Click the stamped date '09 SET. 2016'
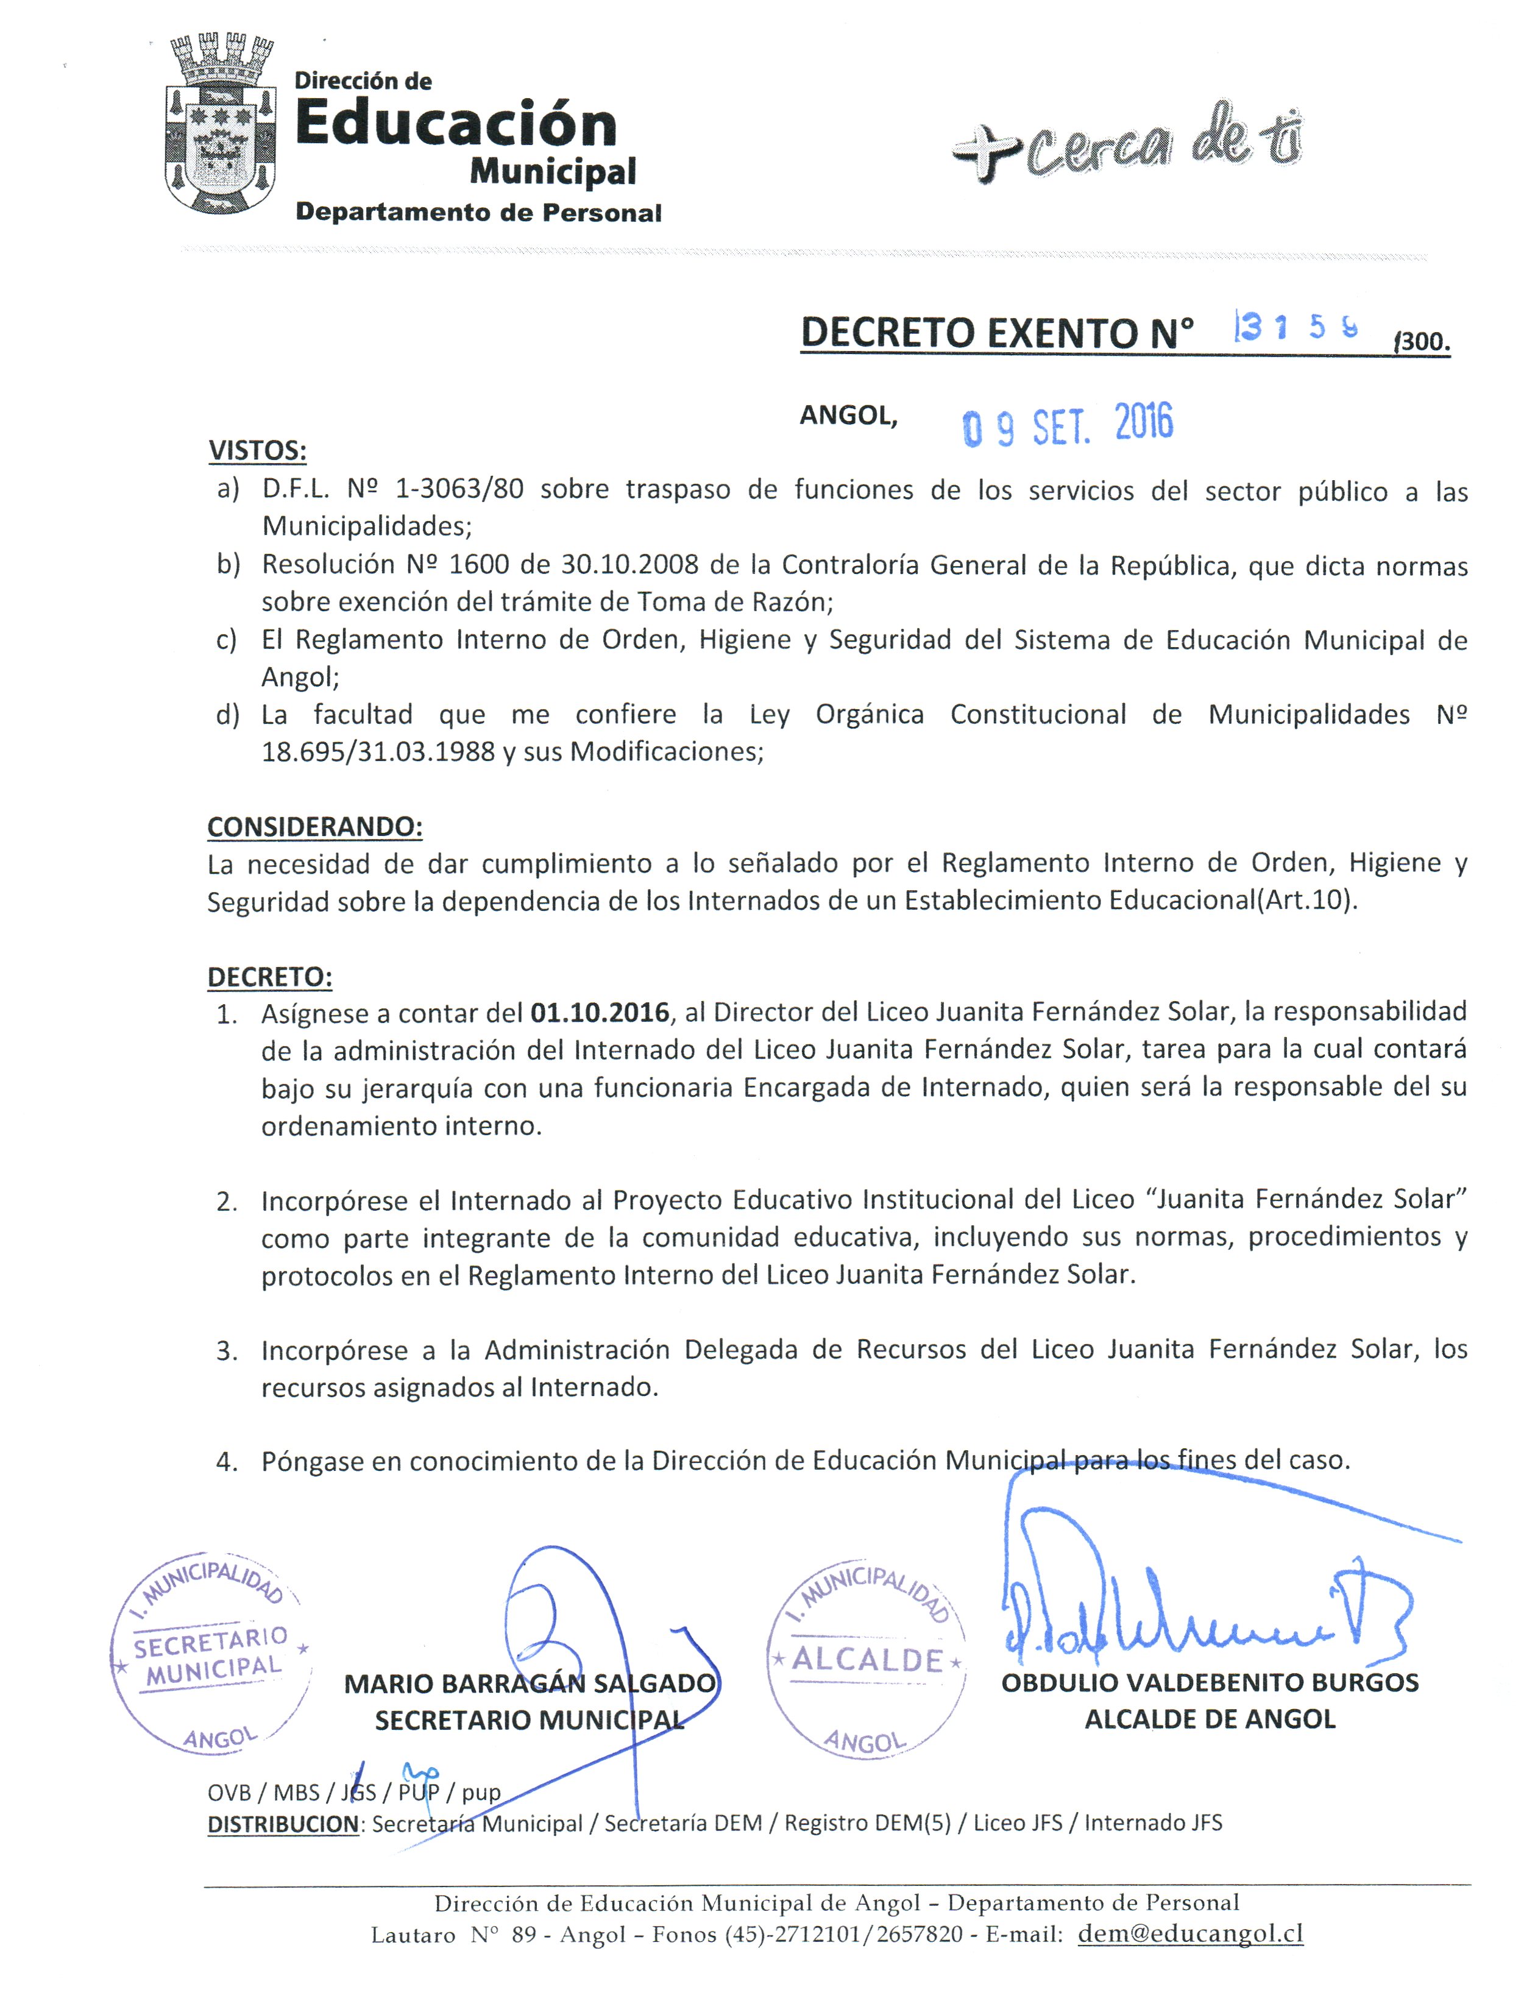click(x=1067, y=425)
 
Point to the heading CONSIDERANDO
click(x=314, y=826)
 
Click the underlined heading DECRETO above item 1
click(x=269, y=977)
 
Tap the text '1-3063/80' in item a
click(x=459, y=490)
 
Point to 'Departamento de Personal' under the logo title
click(x=478, y=213)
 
